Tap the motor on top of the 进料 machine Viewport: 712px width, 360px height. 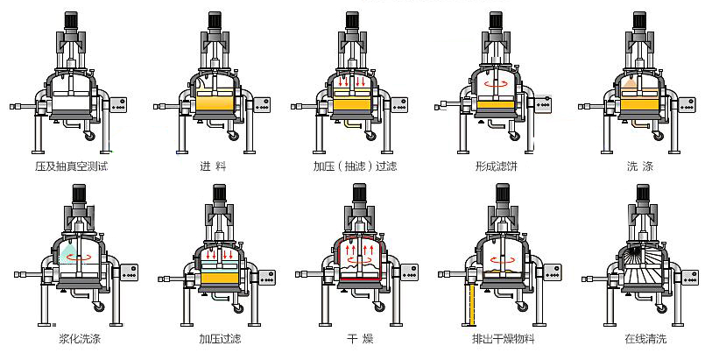click(x=212, y=18)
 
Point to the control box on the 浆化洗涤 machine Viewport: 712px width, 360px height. click(x=131, y=273)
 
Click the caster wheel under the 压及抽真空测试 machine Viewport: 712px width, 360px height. click(x=88, y=135)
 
